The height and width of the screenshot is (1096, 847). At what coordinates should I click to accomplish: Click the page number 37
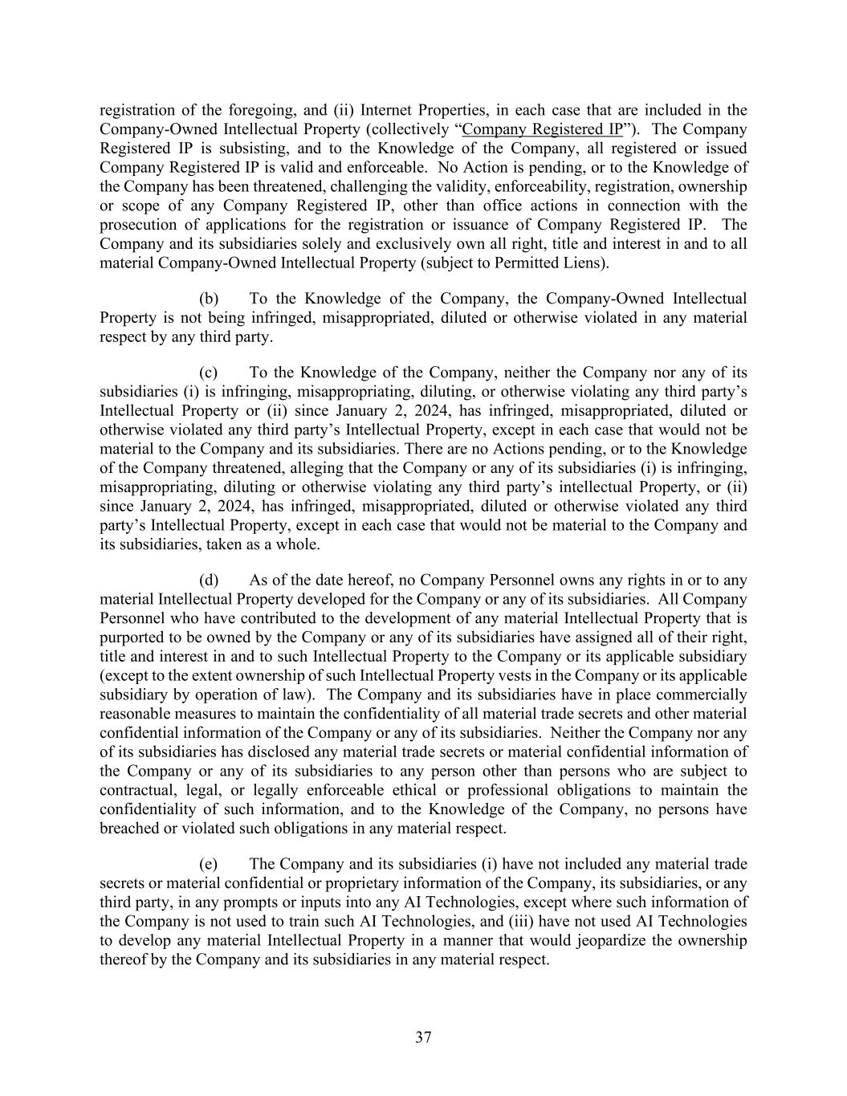coord(423,1037)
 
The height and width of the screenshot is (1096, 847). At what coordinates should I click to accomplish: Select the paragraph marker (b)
coord(209,299)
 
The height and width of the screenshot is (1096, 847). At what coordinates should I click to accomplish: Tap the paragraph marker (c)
coord(209,373)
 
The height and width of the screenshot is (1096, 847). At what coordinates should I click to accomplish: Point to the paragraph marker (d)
coord(209,580)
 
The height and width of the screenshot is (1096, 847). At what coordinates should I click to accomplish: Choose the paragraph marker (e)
coord(209,864)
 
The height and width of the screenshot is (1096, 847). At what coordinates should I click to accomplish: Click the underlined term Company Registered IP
coord(543,129)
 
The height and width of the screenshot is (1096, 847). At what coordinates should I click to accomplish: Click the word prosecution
coord(136,225)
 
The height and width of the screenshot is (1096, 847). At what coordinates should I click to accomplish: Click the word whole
coord(298,544)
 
